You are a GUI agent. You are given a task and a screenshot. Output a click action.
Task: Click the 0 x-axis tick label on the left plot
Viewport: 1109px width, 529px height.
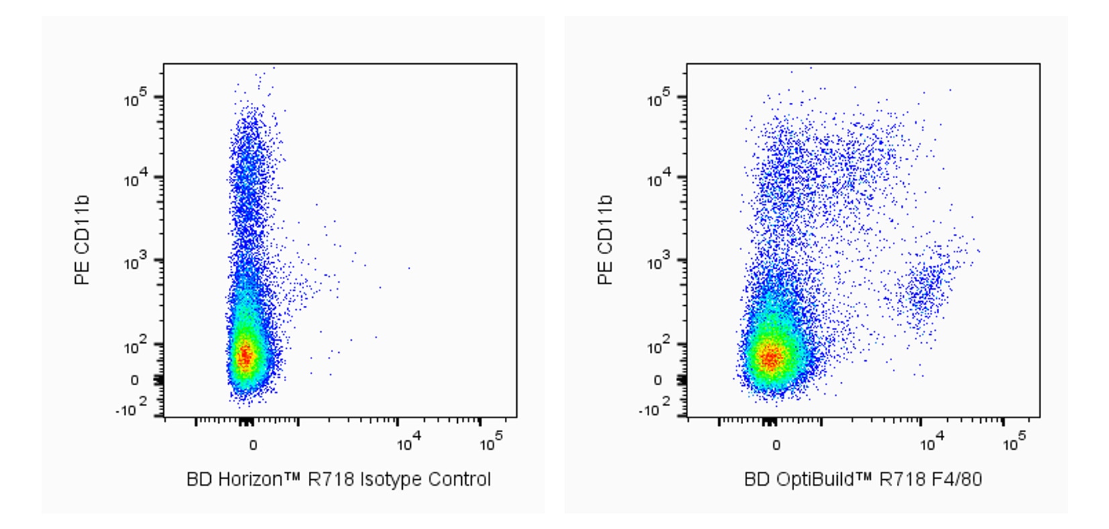[252, 445]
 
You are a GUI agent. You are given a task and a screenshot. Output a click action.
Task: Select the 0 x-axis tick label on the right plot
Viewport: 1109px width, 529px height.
[776, 445]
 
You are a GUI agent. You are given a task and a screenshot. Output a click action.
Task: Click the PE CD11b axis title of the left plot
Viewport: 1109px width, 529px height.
[82, 240]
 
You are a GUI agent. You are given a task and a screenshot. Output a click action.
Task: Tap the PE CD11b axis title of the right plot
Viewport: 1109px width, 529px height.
[605, 240]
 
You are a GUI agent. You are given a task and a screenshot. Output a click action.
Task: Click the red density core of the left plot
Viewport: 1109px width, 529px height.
[245, 355]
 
